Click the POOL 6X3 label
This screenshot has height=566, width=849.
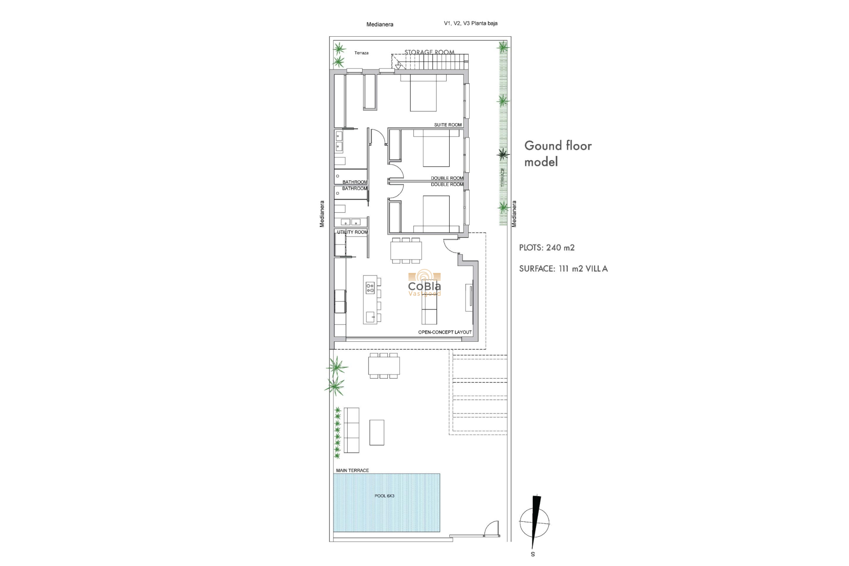(x=384, y=496)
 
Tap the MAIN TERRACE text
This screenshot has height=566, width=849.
(x=352, y=470)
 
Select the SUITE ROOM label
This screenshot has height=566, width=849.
(x=447, y=125)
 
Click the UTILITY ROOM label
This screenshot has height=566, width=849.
(x=352, y=232)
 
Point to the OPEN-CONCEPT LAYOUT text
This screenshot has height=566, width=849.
(x=444, y=332)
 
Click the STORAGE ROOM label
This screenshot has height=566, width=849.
(x=429, y=52)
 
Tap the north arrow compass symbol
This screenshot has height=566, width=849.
(x=535, y=522)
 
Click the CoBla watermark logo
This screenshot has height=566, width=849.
(x=424, y=283)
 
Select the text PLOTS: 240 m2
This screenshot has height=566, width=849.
(x=547, y=248)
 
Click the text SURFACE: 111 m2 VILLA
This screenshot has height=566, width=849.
(x=563, y=268)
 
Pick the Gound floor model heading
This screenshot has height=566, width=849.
(x=558, y=153)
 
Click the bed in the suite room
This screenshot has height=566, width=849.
(x=423, y=94)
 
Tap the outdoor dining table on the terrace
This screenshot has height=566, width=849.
(x=384, y=366)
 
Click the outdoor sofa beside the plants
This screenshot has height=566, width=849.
(x=352, y=430)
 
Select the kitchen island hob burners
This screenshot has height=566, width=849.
(x=370, y=288)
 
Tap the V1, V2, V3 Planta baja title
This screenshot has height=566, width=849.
(x=470, y=23)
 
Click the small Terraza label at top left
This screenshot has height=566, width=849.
(x=361, y=53)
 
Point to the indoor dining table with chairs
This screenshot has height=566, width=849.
(x=406, y=251)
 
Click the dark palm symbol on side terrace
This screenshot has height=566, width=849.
(x=503, y=154)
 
